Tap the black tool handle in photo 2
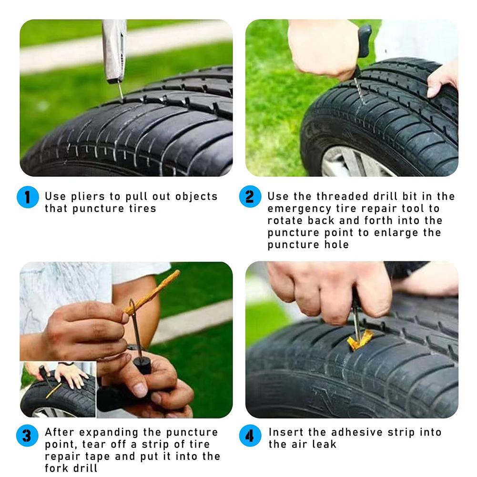point(364,41)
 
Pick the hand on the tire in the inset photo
point(71,374)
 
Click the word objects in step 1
point(196,196)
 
